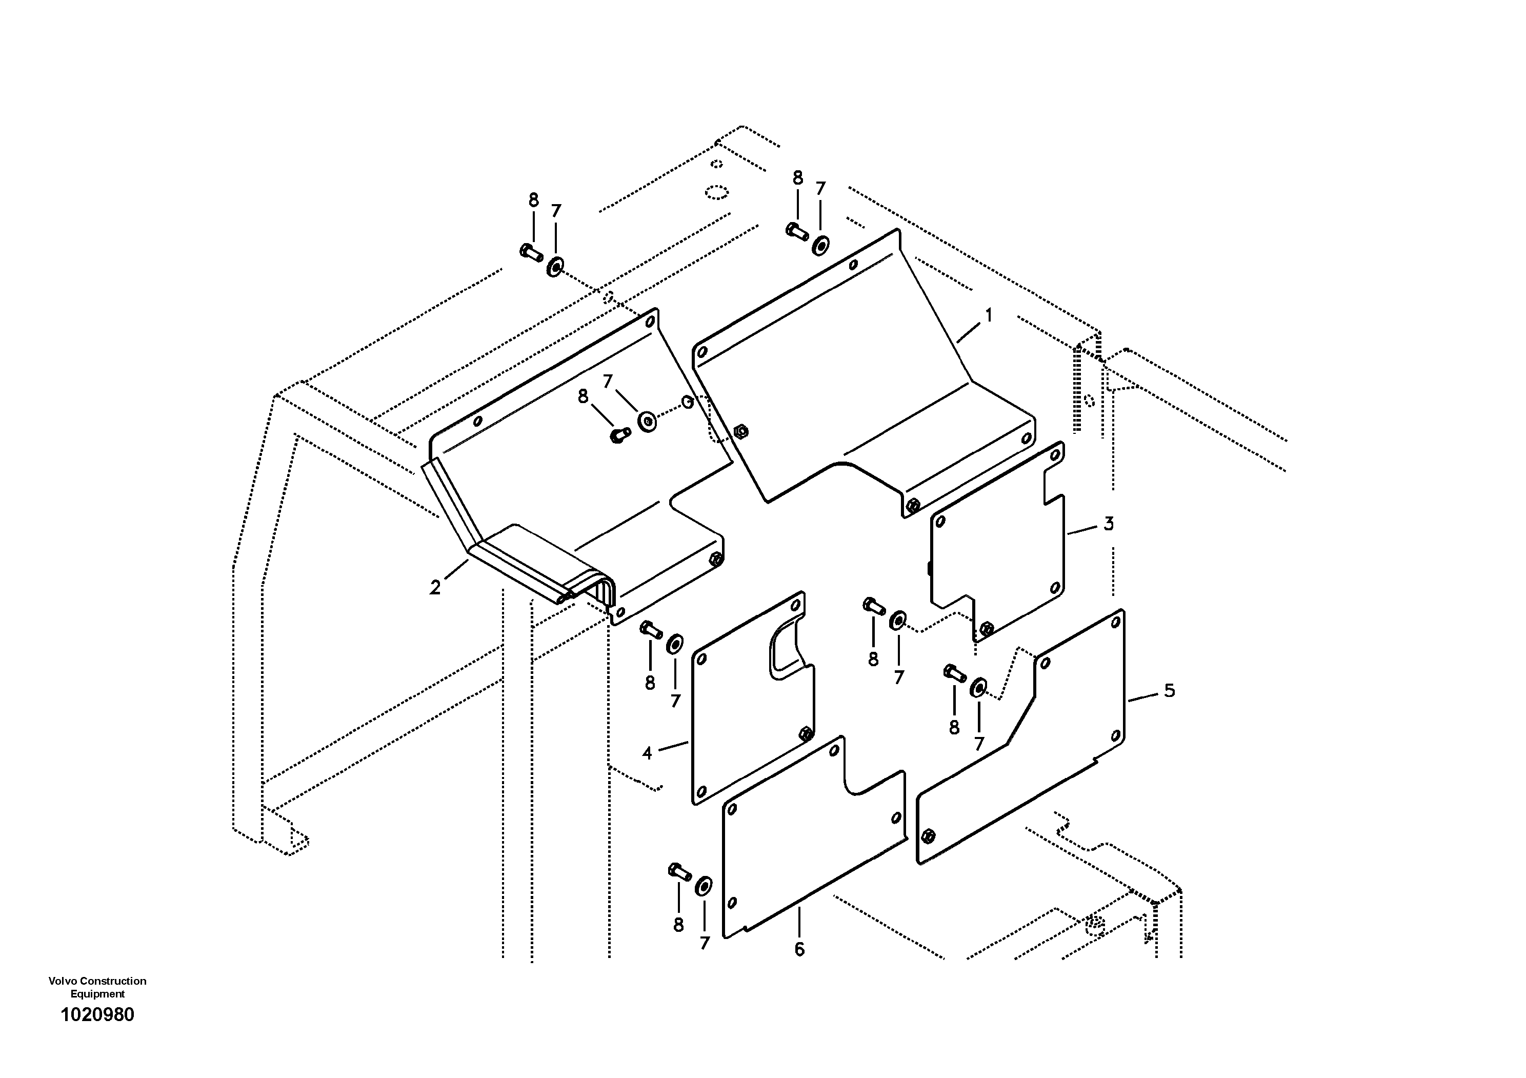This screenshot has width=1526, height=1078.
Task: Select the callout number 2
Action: pos(435,588)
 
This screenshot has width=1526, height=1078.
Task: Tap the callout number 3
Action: pos(1108,524)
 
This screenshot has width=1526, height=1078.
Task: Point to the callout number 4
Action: pos(647,753)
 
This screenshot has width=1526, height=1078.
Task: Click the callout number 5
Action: pos(1169,690)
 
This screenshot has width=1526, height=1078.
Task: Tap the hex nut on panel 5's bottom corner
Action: pos(929,835)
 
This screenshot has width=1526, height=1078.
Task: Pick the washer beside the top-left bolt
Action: pos(554,268)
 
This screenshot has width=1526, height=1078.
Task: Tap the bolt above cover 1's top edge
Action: pos(796,231)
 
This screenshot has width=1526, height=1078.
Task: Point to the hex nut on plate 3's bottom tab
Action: pos(987,627)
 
